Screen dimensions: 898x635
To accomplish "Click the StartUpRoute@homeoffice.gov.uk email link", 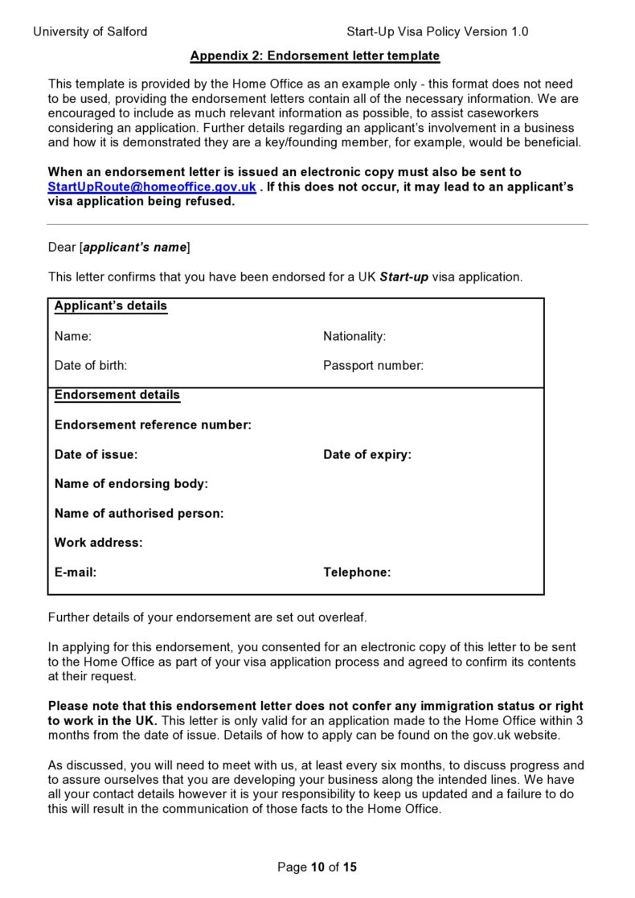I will (x=152, y=187).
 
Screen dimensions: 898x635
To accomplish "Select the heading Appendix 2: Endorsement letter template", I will (x=314, y=55).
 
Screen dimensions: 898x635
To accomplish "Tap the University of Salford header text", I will (x=90, y=31).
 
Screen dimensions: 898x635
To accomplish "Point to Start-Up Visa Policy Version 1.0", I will (x=437, y=31).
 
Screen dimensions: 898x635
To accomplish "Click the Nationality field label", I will (x=354, y=336).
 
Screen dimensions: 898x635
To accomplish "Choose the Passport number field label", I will (x=373, y=365).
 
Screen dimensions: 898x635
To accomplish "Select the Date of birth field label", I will (x=91, y=365).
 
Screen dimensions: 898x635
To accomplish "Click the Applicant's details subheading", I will (x=111, y=306).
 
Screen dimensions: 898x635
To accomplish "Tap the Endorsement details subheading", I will (x=117, y=395).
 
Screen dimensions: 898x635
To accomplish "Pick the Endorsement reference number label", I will (x=153, y=424).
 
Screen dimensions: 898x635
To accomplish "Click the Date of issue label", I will (x=96, y=454).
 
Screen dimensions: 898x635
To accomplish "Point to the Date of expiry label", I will (x=367, y=454).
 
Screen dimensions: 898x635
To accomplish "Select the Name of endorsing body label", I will (x=131, y=484).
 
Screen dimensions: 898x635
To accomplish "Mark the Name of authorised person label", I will (x=139, y=513).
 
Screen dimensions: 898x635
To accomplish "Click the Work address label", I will (x=98, y=543).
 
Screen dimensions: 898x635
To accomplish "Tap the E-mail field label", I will (x=76, y=572).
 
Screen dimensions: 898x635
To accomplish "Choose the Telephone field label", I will (x=357, y=572).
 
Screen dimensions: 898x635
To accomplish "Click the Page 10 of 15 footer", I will (x=317, y=867).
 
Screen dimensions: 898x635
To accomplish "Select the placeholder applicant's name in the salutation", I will (x=135, y=248).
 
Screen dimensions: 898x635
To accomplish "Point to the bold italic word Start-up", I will (x=404, y=277).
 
